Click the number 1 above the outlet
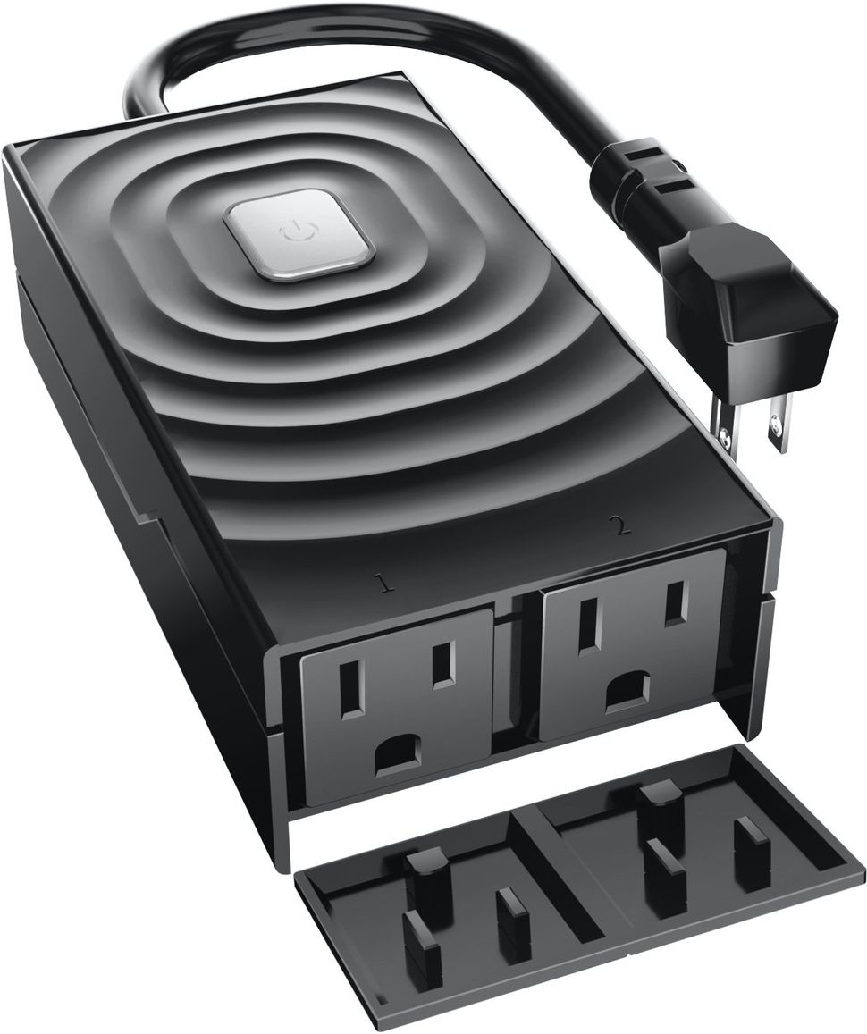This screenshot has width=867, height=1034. (x=384, y=584)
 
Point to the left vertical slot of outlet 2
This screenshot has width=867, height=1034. (x=587, y=623)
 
